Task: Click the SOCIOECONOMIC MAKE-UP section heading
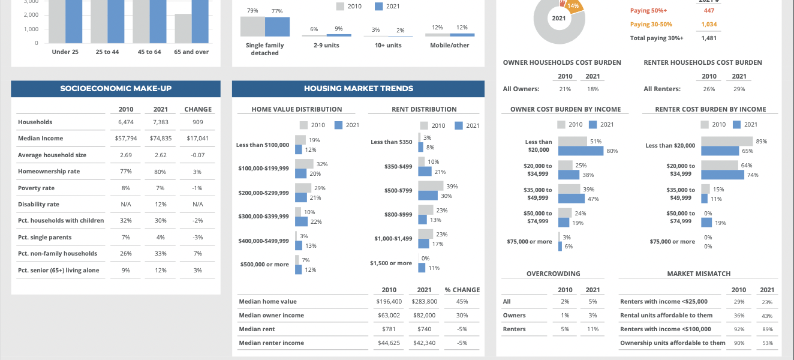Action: (116, 89)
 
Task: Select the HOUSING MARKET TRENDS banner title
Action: (358, 89)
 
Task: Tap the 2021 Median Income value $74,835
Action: (161, 139)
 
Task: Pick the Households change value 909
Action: (198, 122)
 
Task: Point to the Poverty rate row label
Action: (36, 188)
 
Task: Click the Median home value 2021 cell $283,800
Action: (424, 302)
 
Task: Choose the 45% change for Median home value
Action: (462, 302)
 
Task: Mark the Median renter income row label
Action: (271, 343)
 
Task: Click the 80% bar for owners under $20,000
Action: (581, 151)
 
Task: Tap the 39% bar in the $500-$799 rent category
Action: (431, 186)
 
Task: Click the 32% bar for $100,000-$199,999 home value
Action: (304, 164)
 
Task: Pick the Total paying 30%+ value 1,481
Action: (708, 38)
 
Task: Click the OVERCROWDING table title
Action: (553, 274)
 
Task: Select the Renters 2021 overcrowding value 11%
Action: (593, 329)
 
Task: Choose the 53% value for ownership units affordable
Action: (767, 343)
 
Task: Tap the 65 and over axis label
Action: (191, 52)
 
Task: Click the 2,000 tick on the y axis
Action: (31, 15)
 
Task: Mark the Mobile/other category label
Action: (449, 46)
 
